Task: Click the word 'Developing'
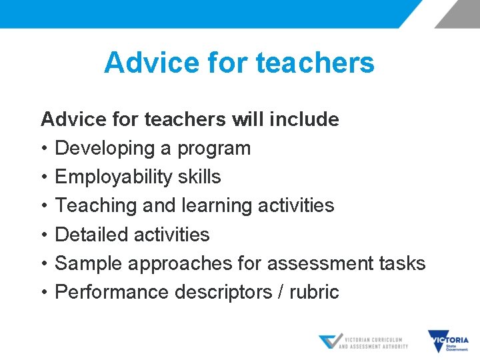(105, 149)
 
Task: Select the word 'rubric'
(314, 292)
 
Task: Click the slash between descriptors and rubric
(279, 292)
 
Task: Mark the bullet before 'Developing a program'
(45, 149)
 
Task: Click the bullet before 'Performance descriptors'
(45, 292)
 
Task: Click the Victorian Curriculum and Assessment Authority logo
(363, 342)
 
